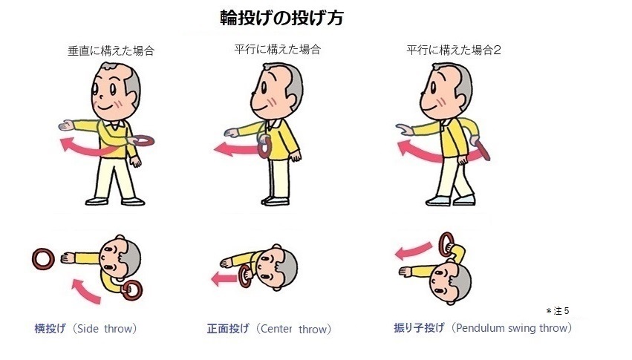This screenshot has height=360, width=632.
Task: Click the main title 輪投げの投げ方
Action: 281,18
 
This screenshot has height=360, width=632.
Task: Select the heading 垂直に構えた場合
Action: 111,50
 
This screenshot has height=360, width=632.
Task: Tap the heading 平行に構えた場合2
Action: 454,50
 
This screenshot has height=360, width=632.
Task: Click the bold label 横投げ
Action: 50,329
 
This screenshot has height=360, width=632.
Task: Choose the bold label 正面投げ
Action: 228,329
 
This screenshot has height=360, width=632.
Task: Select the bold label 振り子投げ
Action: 419,328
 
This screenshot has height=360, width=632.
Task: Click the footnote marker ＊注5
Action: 558,311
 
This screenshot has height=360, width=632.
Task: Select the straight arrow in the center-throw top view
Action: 224,278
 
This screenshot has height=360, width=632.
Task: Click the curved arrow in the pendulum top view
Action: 414,250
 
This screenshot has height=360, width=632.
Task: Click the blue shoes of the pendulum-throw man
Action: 451,200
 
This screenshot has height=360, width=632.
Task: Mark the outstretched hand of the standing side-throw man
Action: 67,125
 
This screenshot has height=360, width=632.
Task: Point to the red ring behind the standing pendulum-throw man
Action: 483,149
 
